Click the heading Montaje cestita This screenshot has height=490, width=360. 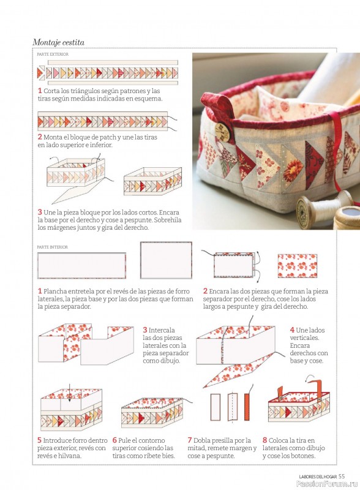pos(58,42)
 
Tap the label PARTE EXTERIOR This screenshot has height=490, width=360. pos(53,55)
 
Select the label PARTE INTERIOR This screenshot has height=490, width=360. pos(52,247)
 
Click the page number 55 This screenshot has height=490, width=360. pos(342,477)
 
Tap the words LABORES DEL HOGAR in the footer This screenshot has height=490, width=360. pos(318,477)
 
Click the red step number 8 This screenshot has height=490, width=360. pos(264,440)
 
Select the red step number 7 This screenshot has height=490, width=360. pos(189,440)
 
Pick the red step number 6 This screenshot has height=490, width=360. pos(114,440)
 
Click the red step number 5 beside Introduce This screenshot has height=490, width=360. pos(39,440)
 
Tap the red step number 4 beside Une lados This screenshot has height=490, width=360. pos(292,330)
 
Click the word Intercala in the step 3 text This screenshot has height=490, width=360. pos(162,330)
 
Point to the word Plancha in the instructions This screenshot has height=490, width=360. pos(54,292)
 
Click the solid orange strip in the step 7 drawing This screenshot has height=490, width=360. pos(247,407)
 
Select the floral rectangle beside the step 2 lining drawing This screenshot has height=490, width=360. pos(297,266)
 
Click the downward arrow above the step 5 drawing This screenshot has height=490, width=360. pos(70,393)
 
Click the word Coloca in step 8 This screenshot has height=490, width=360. pos(278,440)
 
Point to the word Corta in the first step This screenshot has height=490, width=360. pos(51,91)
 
